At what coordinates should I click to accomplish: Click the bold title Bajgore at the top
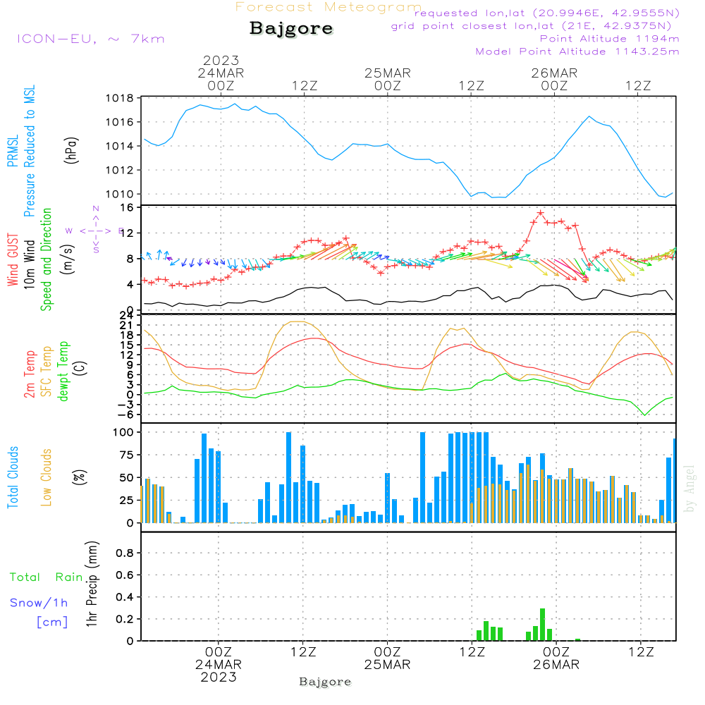coord(291,29)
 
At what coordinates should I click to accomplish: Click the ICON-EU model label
coord(90,39)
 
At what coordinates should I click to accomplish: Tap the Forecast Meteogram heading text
coord(329,7)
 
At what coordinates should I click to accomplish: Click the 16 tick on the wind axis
coord(128,207)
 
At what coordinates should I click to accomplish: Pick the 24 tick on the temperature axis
coord(127,315)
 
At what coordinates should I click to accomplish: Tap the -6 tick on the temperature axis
coord(127,415)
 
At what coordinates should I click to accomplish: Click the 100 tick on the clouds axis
coord(124,431)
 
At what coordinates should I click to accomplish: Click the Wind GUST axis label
coord(13,260)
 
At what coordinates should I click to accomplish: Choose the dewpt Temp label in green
coord(64,372)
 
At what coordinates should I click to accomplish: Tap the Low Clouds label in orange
coord(47,477)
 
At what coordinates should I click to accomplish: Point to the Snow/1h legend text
coord(39,603)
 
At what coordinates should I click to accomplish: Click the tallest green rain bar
coord(542,624)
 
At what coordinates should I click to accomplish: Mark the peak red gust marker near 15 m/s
coord(541,213)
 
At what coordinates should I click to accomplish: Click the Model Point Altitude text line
coord(577,51)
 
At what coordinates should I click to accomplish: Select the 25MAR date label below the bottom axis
coord(387,665)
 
